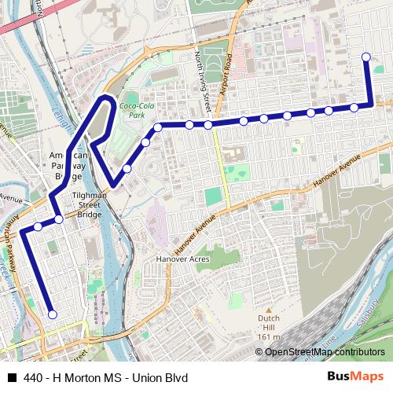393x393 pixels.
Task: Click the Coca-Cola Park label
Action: [x=132, y=109]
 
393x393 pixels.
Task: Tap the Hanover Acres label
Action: [x=180, y=259]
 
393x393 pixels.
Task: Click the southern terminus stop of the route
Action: [x=53, y=314]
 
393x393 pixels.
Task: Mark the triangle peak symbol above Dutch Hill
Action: [x=268, y=310]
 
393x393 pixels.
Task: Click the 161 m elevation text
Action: [x=268, y=336]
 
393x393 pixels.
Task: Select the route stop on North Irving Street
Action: [x=208, y=124]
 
